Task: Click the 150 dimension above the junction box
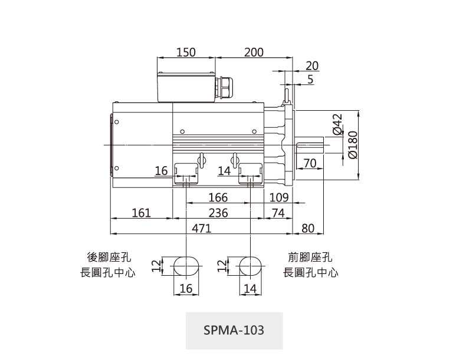tap(186, 52)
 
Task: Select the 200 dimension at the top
tap(254, 52)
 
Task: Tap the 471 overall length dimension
tap(201, 228)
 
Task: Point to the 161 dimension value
tap(141, 213)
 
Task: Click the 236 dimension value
tap(218, 213)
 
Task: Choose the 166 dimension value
tap(218, 198)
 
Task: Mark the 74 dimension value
tap(278, 213)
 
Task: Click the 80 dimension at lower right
tap(308, 228)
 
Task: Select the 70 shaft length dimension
tap(310, 163)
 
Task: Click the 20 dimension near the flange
tap(312, 65)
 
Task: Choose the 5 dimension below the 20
tap(310, 79)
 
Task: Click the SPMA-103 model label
tap(234, 330)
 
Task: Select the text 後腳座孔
tap(109, 257)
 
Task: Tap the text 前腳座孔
tap(310, 257)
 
